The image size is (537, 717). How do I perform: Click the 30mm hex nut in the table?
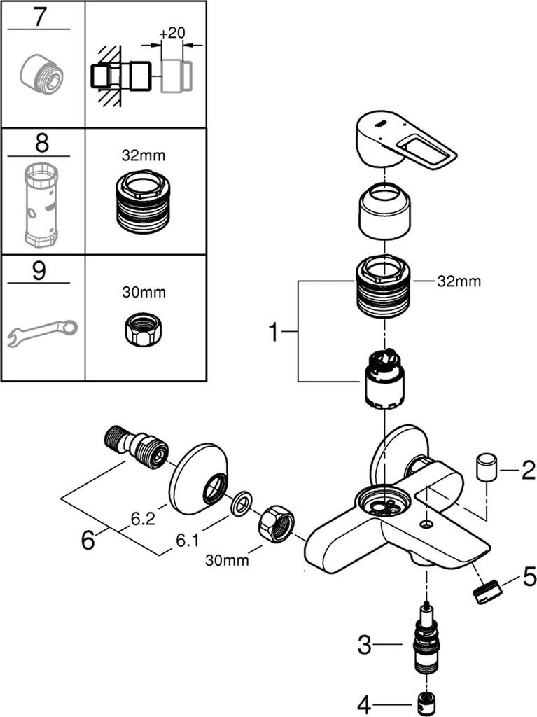click(146, 328)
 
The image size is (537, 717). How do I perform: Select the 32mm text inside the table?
click(146, 155)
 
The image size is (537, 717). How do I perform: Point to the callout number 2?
click(527, 471)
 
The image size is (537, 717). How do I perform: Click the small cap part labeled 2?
click(487, 467)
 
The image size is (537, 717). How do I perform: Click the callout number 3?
click(364, 645)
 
